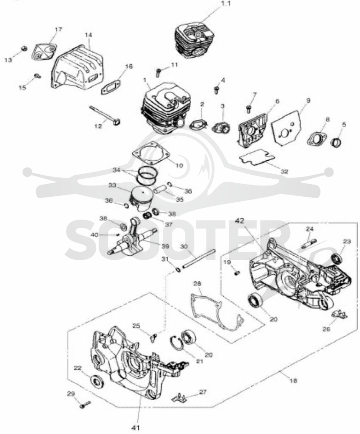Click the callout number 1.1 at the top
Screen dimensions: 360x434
click(225, 4)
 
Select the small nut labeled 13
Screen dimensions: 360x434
click(24, 48)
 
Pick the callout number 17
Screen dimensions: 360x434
click(58, 29)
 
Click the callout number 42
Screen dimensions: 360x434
click(240, 220)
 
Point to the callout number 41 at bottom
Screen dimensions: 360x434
click(136, 427)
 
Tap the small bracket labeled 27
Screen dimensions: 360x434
click(179, 397)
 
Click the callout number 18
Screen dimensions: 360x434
click(293, 380)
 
